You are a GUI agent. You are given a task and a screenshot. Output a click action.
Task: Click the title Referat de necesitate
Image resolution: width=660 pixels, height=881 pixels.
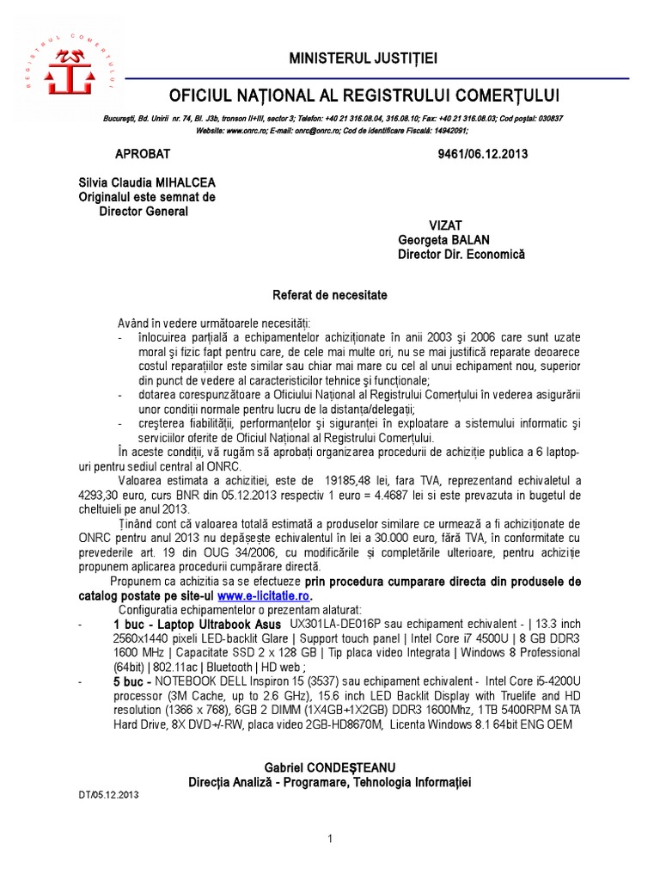point(330,295)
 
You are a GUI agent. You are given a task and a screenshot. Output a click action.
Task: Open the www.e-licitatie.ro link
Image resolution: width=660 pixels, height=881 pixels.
point(265,595)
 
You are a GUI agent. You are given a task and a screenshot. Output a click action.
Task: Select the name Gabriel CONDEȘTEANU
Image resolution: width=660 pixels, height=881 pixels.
point(330,767)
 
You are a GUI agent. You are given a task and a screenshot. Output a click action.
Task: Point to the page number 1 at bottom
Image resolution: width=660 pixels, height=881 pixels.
point(330,838)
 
